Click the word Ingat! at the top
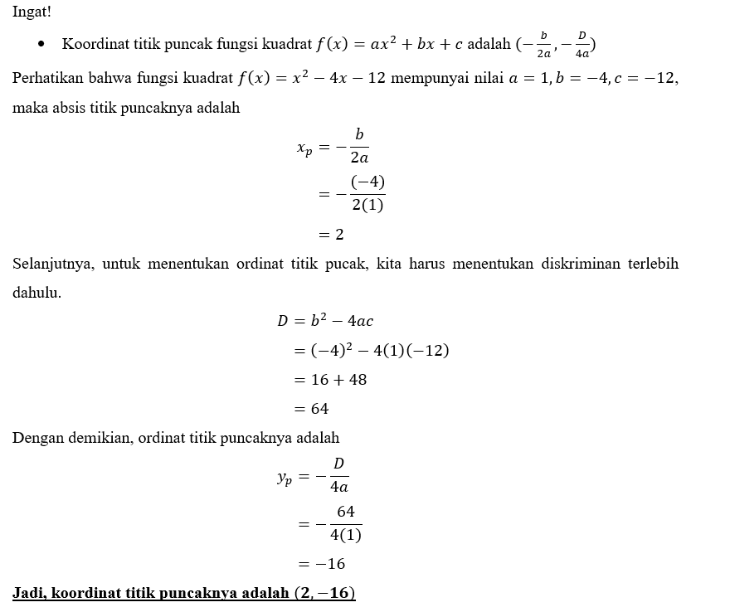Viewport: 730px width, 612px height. tap(32, 12)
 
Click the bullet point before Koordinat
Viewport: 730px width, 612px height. tap(41, 43)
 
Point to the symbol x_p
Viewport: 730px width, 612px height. tap(304, 148)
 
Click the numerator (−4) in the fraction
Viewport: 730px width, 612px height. tap(367, 182)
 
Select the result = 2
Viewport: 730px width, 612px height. tap(331, 235)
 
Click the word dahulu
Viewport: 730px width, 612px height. tap(36, 294)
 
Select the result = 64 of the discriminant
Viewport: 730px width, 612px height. tap(312, 409)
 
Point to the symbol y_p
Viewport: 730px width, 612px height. tap(285, 477)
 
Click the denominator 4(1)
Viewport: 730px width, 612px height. tap(345, 535)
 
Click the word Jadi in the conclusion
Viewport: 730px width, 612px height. tap(27, 594)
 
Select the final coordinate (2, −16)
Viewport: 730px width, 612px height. tap(324, 594)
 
